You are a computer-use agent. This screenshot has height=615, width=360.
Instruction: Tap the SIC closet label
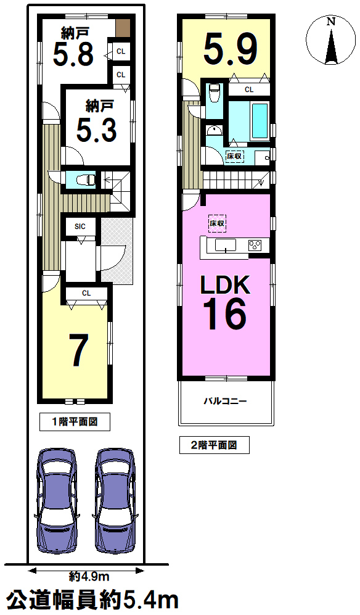(x=80, y=226)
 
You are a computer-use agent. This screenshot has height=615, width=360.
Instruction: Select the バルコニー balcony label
(x=225, y=401)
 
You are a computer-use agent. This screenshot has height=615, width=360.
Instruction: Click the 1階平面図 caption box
(x=75, y=422)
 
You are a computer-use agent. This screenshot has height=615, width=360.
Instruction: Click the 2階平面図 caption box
(x=214, y=445)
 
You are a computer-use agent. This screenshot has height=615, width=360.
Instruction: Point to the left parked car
(x=56, y=500)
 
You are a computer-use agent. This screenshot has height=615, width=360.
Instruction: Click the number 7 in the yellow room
(x=78, y=350)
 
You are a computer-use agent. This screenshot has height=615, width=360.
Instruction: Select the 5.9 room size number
(x=230, y=49)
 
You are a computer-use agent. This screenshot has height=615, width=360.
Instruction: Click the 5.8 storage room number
(x=73, y=54)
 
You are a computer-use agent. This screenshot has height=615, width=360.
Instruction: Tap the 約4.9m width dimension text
(x=89, y=576)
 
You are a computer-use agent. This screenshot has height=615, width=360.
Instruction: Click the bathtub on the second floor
(x=260, y=120)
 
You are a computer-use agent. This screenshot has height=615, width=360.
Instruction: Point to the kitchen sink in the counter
(x=225, y=245)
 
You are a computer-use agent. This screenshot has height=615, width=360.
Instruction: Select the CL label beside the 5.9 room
(x=249, y=89)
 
